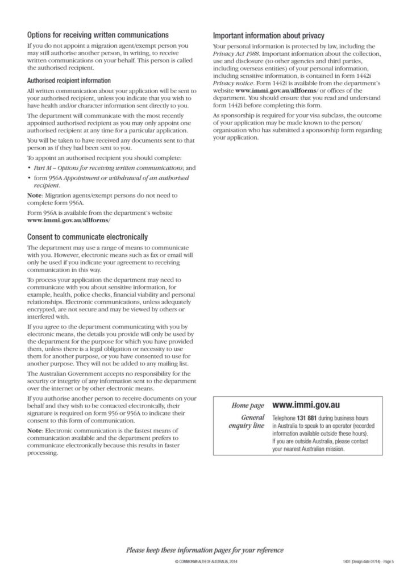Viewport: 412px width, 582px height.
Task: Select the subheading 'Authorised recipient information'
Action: coord(69,81)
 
